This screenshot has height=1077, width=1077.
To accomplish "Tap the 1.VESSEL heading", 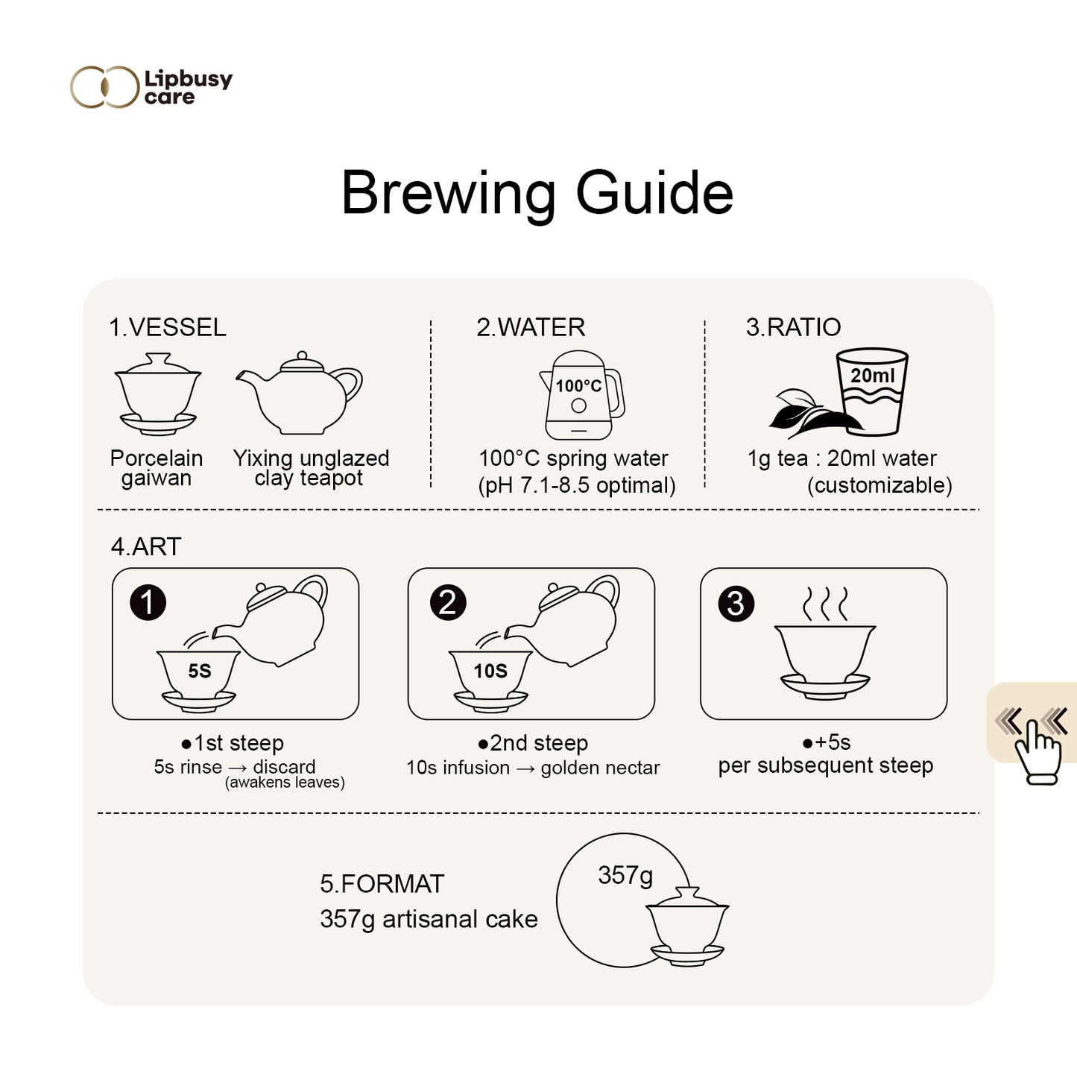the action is (168, 327).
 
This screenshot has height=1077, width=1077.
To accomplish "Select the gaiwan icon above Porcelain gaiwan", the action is (158, 394).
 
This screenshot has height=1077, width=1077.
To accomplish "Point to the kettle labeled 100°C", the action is (581, 395).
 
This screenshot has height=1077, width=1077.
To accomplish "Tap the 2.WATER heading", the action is (531, 327).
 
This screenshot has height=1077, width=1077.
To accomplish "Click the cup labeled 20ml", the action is (872, 391).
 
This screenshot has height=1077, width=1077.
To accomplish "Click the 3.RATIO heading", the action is (794, 327).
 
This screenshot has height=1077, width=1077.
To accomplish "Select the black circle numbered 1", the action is (148, 602).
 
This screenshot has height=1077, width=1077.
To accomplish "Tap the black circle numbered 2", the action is (448, 602).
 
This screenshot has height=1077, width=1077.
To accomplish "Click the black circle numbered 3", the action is (736, 604).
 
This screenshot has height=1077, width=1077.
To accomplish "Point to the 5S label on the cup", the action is (200, 671).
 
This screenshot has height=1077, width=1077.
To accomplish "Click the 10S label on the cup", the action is (490, 671).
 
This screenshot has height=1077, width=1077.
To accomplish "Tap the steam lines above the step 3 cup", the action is (825, 604).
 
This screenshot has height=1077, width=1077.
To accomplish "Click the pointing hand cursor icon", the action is (1037, 752).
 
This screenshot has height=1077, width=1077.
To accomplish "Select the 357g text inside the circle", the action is (625, 876).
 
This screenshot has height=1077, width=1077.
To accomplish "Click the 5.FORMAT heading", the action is (382, 884).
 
